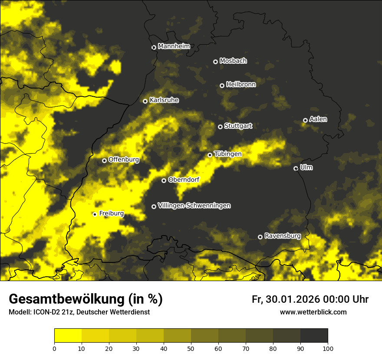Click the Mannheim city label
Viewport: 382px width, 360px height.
174,46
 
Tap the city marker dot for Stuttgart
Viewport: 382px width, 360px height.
221,127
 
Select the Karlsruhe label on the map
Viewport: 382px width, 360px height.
164,100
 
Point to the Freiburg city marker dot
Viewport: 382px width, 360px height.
95,214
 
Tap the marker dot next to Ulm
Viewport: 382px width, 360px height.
296,168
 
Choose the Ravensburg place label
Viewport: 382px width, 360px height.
283,236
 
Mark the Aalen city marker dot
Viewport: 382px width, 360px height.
305,120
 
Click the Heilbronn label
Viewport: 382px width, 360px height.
241,85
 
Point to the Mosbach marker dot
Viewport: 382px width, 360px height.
215,62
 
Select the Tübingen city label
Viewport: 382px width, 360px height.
228,154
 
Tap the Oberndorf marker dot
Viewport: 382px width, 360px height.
164,180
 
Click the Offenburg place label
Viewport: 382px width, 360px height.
124,160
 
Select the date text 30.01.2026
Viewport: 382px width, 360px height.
291,299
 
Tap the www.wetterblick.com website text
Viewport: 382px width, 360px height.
313,312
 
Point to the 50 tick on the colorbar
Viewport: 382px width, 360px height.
191,348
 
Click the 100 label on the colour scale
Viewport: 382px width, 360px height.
328,348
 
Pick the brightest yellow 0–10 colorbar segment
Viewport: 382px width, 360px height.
68,335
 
